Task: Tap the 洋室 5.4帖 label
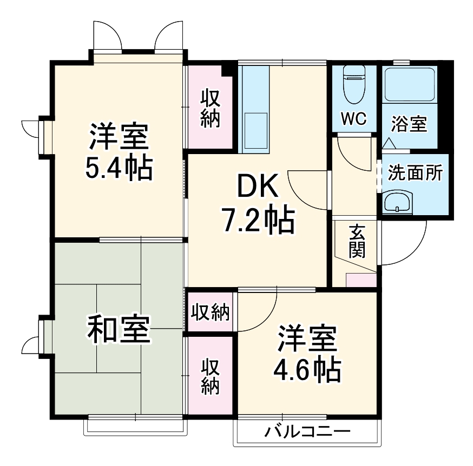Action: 119,152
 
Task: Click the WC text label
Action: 353,118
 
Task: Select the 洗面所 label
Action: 415,174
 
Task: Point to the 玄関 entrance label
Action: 357,241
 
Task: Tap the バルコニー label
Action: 307,432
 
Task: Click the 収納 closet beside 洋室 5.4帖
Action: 211,108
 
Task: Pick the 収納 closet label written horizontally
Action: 210,312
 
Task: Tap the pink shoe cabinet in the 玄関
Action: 361,281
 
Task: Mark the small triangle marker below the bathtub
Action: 388,144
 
